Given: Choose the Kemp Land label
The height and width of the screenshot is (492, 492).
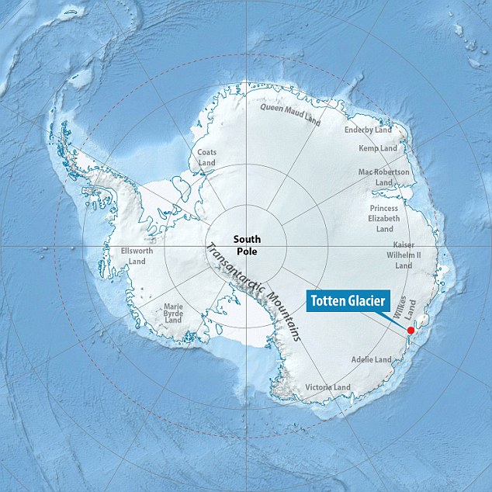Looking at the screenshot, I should click(x=378, y=148).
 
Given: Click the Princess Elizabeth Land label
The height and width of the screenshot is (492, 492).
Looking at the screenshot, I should click(x=385, y=218).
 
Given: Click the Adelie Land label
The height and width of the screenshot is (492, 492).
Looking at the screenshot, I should click(x=372, y=360).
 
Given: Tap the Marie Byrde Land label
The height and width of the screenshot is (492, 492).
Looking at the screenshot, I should click(x=173, y=313).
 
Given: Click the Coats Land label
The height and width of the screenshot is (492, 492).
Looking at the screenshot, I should click(x=206, y=158).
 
